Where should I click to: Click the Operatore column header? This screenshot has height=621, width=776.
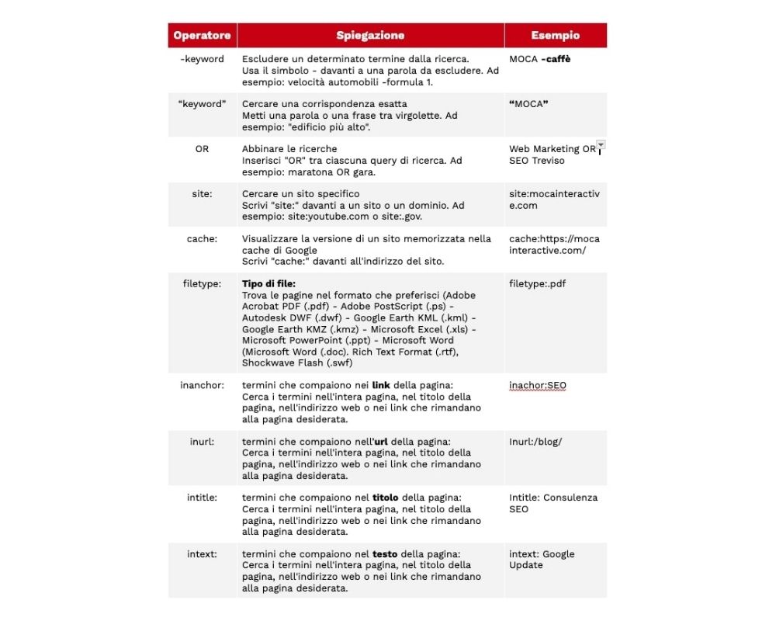pyautogui.click(x=202, y=36)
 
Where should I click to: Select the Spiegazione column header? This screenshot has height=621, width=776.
pyautogui.click(x=370, y=36)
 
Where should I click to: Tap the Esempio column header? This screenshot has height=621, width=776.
pyautogui.click(x=555, y=36)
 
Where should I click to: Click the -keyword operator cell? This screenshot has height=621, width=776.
pyautogui.click(x=202, y=59)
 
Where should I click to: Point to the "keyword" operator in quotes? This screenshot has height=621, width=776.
pyautogui.click(x=202, y=104)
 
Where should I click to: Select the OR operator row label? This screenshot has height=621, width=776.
pyautogui.click(x=202, y=149)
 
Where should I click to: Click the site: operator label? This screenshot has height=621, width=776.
pyautogui.click(x=202, y=193)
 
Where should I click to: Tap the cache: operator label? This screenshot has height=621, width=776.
pyautogui.click(x=202, y=238)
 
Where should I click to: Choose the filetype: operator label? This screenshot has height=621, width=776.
pyautogui.click(x=202, y=283)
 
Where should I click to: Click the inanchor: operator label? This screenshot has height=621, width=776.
pyautogui.click(x=202, y=385)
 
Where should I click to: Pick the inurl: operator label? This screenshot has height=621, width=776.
pyautogui.click(x=202, y=441)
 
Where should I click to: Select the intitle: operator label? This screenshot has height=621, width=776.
pyautogui.click(x=202, y=497)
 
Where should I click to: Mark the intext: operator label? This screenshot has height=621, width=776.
pyautogui.click(x=202, y=553)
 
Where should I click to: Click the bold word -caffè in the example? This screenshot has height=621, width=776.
pyautogui.click(x=556, y=59)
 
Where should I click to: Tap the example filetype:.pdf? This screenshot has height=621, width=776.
pyautogui.click(x=537, y=283)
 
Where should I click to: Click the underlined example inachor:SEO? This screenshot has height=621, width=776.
pyautogui.click(x=537, y=385)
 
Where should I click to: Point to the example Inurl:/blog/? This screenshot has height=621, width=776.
pyautogui.click(x=535, y=441)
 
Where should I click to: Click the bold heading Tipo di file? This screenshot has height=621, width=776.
pyautogui.click(x=268, y=283)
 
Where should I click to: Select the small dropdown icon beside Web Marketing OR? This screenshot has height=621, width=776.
pyautogui.click(x=601, y=145)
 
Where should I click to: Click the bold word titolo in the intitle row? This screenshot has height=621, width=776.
pyautogui.click(x=386, y=497)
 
